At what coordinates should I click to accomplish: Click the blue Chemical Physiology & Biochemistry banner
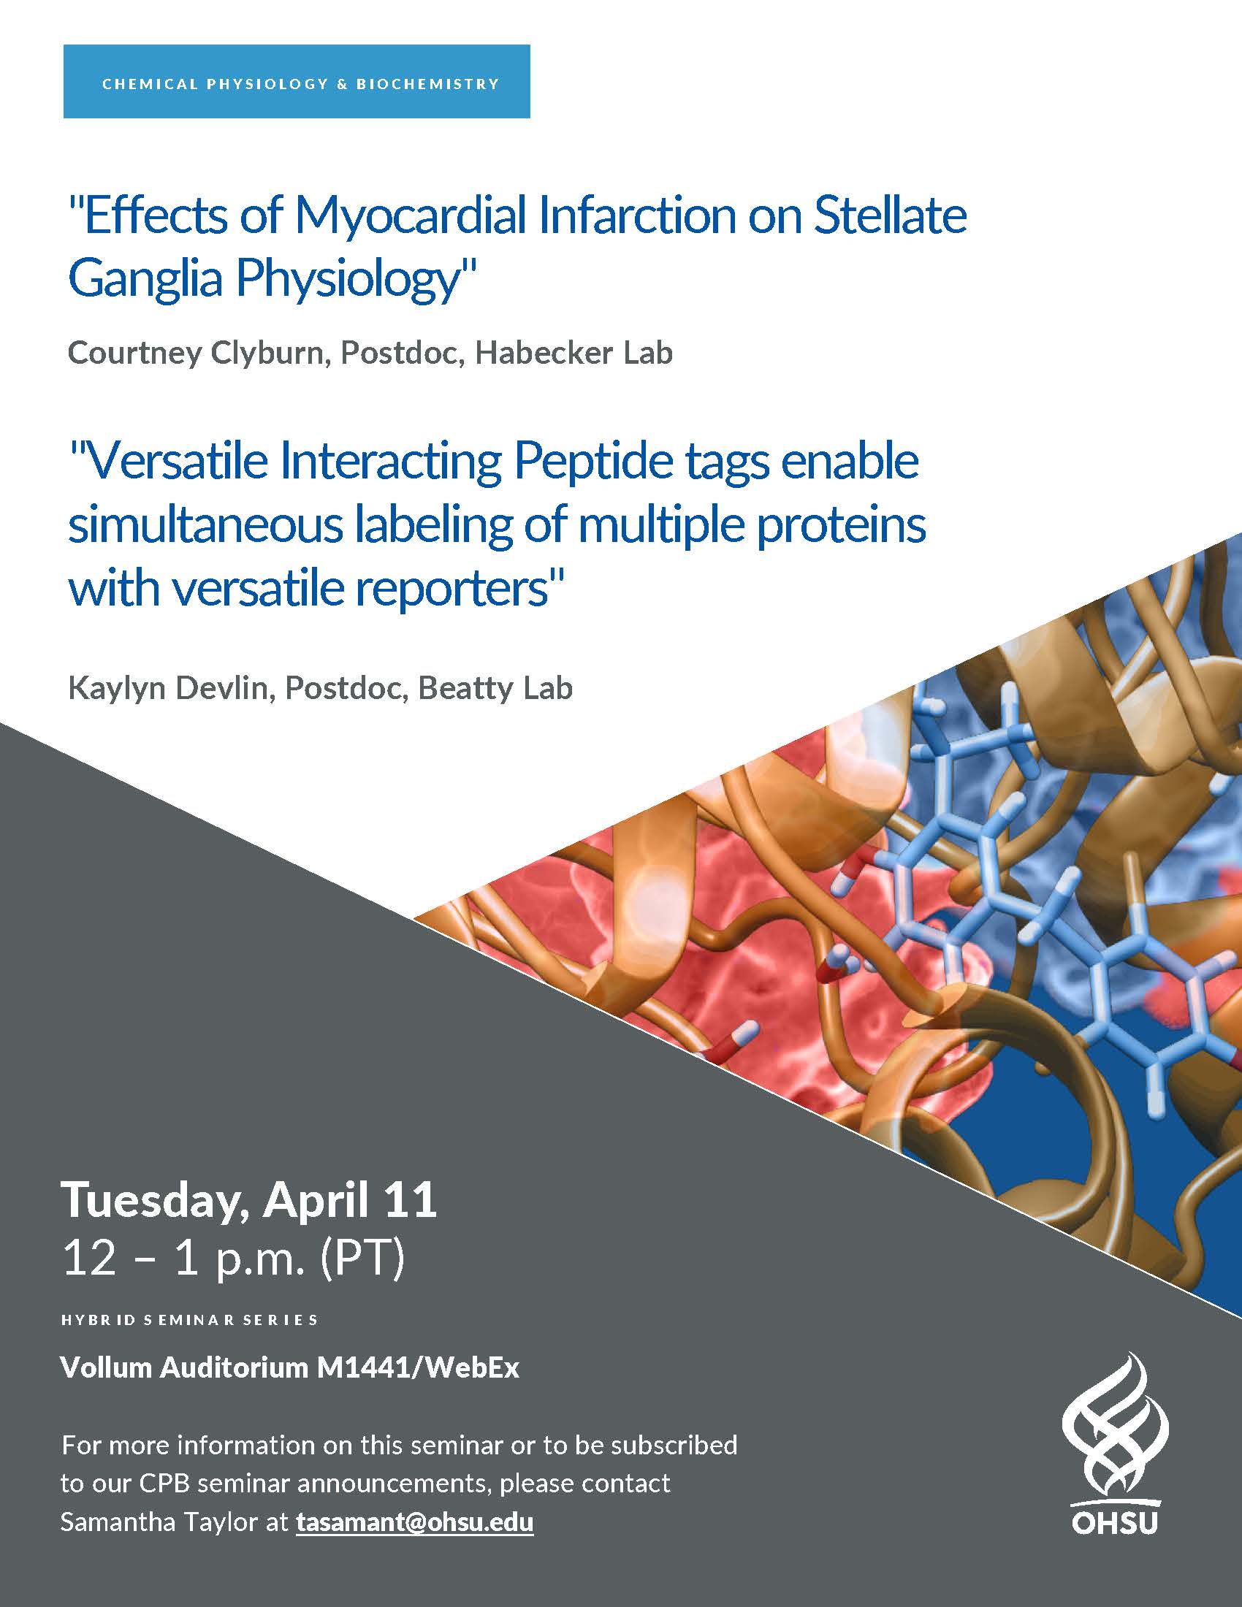pyautogui.click(x=297, y=82)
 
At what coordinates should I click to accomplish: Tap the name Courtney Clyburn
pyautogui.click(x=196, y=354)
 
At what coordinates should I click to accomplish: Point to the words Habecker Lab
pyautogui.click(x=574, y=353)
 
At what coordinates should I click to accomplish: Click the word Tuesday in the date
pyautogui.click(x=155, y=1201)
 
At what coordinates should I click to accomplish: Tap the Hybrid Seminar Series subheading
pyautogui.click(x=190, y=1320)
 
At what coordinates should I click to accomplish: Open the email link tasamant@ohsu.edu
pyautogui.click(x=414, y=1522)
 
